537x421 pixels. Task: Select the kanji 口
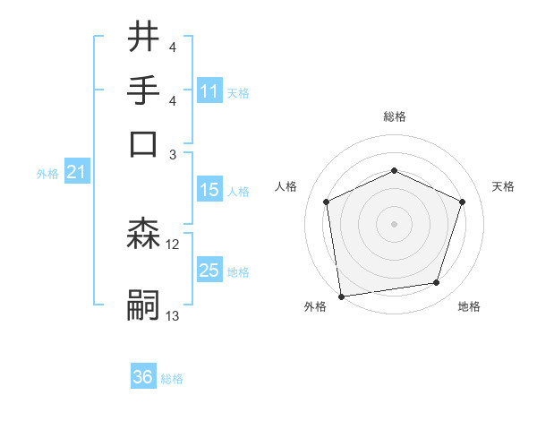click(x=144, y=143)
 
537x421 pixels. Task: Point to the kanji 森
click(x=144, y=235)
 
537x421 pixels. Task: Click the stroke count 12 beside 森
click(x=173, y=244)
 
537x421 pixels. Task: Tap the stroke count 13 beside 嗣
click(x=173, y=315)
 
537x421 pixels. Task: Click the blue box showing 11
click(x=209, y=91)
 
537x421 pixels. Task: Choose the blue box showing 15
click(x=209, y=190)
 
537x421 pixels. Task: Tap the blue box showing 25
click(x=209, y=271)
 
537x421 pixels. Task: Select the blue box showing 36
click(x=143, y=377)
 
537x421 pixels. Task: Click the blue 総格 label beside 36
click(x=172, y=379)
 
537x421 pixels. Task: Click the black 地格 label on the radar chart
click(x=469, y=306)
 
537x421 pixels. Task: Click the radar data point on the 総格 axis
click(x=394, y=171)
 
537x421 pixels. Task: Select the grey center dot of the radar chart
click(x=394, y=223)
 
